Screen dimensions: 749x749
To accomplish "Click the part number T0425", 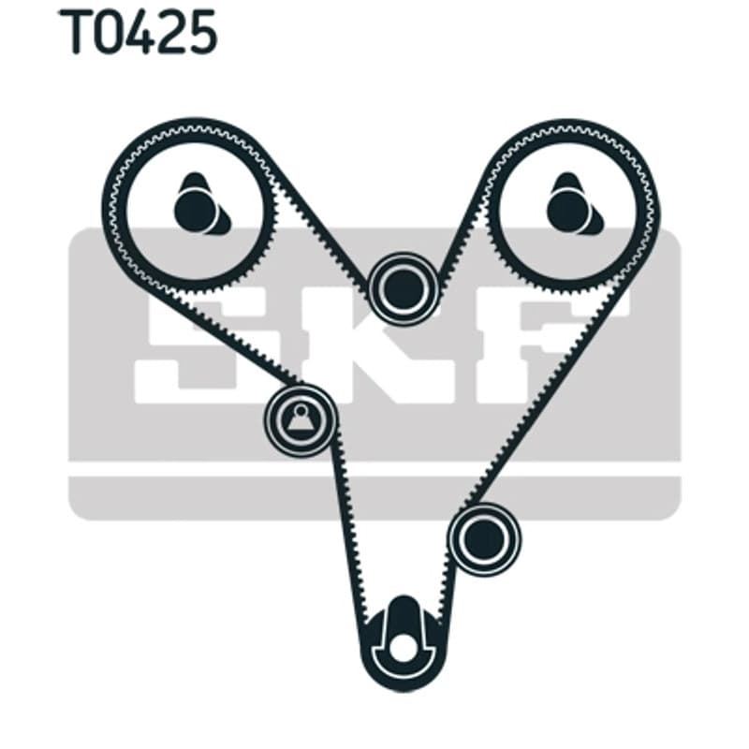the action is (x=138, y=32).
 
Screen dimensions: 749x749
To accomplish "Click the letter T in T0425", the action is (x=75, y=32).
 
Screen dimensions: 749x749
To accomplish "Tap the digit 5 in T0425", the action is (x=200, y=33).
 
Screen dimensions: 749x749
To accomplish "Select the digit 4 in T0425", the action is (x=135, y=32).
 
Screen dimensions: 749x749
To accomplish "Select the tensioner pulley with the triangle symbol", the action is (x=301, y=419).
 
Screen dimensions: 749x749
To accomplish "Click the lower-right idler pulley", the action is (x=484, y=539).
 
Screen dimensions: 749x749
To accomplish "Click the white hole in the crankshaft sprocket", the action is (x=404, y=648).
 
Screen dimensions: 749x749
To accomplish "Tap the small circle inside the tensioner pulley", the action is (x=301, y=410).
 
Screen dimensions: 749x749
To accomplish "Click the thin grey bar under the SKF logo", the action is (x=374, y=498).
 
